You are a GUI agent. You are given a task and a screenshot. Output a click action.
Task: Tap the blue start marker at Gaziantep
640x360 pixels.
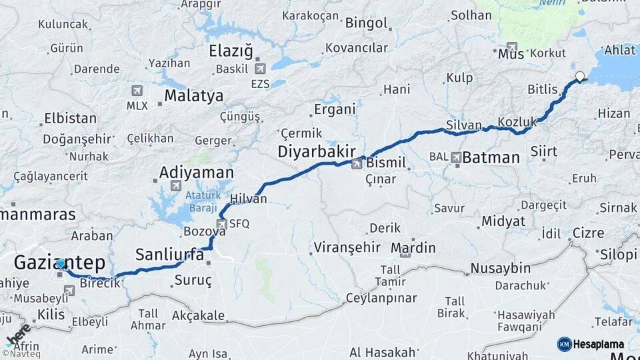pyautogui.click(x=61, y=263)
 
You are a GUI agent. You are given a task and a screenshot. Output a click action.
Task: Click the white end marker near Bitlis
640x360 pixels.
pyautogui.click(x=580, y=77)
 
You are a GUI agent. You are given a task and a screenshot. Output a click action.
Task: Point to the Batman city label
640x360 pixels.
pyautogui.click(x=491, y=158)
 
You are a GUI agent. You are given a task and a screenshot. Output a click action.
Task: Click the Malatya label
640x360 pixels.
pyautogui.click(x=193, y=96)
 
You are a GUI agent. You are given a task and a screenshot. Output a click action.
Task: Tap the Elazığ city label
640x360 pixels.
pyautogui.click(x=231, y=51)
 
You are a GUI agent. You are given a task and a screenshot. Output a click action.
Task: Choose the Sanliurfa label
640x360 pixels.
pyautogui.click(x=169, y=254)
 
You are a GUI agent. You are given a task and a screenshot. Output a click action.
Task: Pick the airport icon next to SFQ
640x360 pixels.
pyautogui.click(x=222, y=224)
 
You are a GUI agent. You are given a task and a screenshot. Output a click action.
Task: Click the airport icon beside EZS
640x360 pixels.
pyautogui.click(x=259, y=68)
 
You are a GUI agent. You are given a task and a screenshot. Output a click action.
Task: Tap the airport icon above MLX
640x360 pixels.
pyautogui.click(x=137, y=91)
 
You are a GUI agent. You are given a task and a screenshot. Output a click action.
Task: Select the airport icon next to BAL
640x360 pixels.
pyautogui.click(x=456, y=158)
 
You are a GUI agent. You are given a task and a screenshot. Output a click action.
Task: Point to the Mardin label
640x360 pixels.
pyautogui.click(x=413, y=249)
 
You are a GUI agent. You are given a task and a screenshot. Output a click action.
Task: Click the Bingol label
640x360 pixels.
pyautogui.click(x=366, y=23)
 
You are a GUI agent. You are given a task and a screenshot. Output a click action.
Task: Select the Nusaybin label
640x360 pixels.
pyautogui.click(x=500, y=268)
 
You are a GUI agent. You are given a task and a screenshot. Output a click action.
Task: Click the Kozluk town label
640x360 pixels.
pyautogui.click(x=517, y=122)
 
